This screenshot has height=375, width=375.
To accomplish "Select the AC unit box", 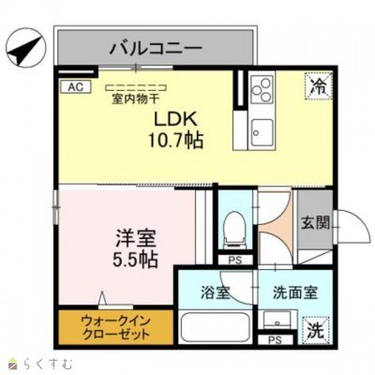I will pos(74,87).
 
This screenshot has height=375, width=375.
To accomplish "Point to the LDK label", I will pos(173,120).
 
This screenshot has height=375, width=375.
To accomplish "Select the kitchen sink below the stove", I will pos(261,127).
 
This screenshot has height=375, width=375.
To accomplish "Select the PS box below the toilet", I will pos(233,260).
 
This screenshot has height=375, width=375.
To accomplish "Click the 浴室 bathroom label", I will pos(215,292).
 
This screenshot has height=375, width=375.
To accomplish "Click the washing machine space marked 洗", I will pos(316,330).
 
